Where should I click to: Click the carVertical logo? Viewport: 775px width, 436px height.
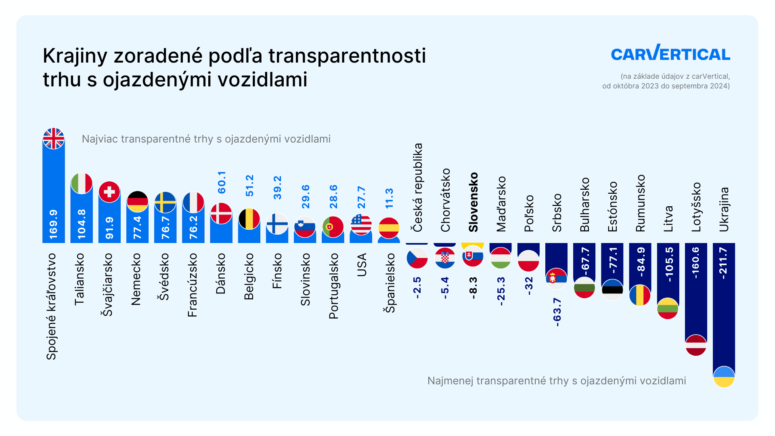(670, 53)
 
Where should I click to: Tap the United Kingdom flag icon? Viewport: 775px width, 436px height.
(54, 138)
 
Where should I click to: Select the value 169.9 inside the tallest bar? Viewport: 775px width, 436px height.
(53, 224)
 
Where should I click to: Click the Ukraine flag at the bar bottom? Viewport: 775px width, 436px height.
(724, 377)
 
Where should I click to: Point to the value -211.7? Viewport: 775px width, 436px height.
(723, 263)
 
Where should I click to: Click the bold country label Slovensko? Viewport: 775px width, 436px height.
(473, 202)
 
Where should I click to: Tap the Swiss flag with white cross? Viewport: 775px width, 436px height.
(109, 192)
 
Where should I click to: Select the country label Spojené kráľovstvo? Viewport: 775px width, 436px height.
(51, 306)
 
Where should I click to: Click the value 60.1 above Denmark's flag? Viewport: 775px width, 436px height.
(222, 182)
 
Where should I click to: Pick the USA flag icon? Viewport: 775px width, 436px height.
(361, 224)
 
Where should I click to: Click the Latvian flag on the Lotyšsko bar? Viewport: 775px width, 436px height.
(696, 345)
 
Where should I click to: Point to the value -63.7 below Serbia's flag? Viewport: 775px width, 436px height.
(557, 312)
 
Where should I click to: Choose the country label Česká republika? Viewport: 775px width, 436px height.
(417, 187)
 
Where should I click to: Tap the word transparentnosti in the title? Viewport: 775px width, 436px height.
(347, 56)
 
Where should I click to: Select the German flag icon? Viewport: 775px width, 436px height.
(137, 201)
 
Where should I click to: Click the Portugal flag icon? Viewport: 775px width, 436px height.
(333, 226)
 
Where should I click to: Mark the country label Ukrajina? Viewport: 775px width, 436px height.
(724, 209)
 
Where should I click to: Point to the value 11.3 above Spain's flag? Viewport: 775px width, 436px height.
(389, 198)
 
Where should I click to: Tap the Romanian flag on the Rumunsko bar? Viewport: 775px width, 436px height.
(640, 295)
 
